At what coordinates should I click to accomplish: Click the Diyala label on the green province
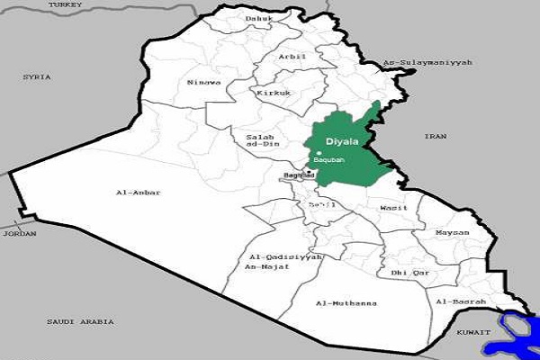(x=342, y=140)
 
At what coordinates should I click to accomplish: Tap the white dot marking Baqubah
(x=319, y=153)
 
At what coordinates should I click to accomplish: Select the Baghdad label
(x=299, y=175)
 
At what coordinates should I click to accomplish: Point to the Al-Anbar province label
(x=135, y=193)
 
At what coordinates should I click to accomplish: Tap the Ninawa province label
(x=203, y=83)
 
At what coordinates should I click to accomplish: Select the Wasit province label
(x=394, y=208)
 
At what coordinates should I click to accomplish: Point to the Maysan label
(x=452, y=233)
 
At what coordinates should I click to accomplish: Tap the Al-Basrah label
(x=461, y=301)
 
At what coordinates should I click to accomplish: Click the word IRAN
(x=436, y=136)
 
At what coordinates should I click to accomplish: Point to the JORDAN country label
(x=19, y=233)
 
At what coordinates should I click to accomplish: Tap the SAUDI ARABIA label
(x=82, y=320)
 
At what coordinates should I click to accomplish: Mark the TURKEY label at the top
(x=65, y=4)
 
